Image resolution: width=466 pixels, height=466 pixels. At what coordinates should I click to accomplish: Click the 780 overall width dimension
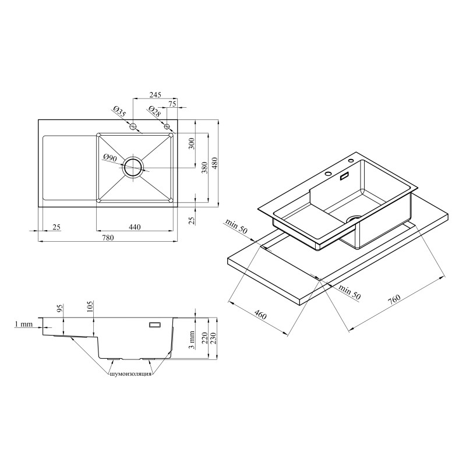coord(108,238)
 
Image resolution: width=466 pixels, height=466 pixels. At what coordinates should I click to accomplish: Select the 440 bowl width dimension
coord(135,227)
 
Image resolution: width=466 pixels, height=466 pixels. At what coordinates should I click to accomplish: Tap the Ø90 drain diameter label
coord(110,158)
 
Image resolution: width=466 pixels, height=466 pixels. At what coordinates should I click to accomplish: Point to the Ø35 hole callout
coord(119,112)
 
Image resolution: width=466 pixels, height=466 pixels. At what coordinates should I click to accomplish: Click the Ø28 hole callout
coord(154,112)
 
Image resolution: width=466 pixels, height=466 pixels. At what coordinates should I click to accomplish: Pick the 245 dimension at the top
coord(155,95)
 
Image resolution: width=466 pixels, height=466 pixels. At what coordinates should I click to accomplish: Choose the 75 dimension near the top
coord(172,104)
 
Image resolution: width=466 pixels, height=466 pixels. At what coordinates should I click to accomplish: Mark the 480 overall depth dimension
coord(214,163)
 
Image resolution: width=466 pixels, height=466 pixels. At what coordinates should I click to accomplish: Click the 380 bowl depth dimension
coord(204,168)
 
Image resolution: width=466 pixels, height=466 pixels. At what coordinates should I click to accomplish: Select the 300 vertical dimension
coord(192,143)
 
